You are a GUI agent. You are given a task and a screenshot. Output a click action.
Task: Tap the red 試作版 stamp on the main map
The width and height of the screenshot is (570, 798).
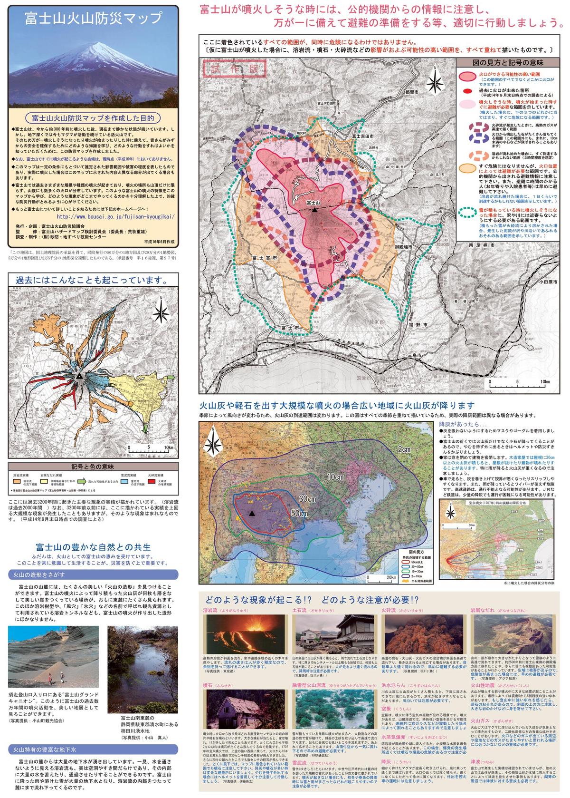pyautogui.click(x=233, y=68)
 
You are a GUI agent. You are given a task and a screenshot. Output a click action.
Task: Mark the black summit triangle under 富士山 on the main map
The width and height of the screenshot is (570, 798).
pyautogui.click(x=314, y=209)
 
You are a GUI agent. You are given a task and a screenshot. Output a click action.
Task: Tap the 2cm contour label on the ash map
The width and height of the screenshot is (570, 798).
pyautogui.click(x=404, y=449)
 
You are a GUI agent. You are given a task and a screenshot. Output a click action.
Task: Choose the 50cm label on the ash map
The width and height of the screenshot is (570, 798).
pyautogui.click(x=299, y=514)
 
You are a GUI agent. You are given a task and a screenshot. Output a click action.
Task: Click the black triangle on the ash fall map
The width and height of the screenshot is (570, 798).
pyautogui.click(x=251, y=513)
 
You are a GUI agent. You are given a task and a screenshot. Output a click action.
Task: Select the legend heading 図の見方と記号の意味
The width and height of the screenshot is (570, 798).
pyautogui.click(x=508, y=63)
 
